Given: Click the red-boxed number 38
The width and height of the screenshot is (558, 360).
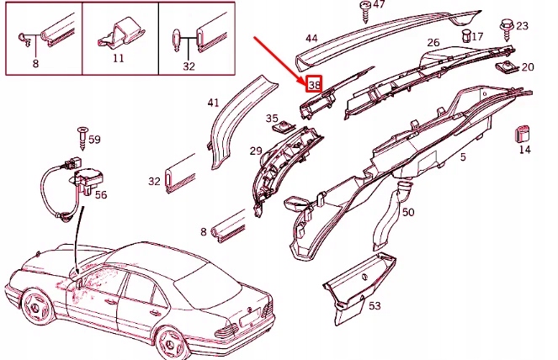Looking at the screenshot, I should click(315, 85).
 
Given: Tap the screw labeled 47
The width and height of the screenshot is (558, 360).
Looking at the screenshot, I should click(366, 11).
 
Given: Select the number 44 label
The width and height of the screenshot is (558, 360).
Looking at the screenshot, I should click(311, 38).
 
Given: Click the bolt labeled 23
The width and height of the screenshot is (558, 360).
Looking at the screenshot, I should click(508, 29).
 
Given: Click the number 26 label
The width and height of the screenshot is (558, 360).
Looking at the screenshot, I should click(433, 43).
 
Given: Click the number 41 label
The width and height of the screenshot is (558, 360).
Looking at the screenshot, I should click(213, 103).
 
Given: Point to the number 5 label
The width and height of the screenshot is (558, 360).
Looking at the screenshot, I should click(462, 157).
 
